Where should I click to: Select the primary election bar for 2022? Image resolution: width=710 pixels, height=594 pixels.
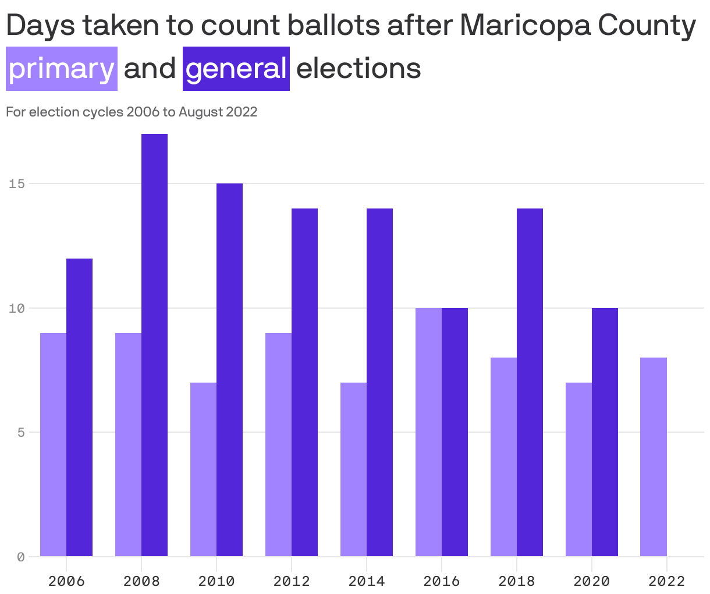[654, 457]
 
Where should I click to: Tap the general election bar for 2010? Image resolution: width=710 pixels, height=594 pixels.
[229, 370]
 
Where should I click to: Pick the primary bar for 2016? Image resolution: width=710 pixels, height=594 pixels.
[428, 432]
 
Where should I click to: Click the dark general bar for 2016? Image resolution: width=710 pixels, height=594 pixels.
[455, 432]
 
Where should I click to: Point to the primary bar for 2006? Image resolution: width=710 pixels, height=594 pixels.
[53, 444]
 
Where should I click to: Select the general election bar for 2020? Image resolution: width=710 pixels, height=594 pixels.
[605, 432]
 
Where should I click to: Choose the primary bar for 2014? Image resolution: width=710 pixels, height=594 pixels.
[353, 469]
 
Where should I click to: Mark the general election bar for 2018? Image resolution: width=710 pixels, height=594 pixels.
[530, 382]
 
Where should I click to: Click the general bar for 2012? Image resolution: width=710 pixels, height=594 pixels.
[304, 382]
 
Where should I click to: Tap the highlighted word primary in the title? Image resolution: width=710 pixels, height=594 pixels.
[62, 69]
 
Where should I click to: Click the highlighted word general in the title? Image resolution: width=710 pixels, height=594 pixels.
[236, 69]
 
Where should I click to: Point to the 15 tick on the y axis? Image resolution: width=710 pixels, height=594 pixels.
[17, 184]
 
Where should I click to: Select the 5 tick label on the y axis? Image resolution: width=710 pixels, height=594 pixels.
[20, 433]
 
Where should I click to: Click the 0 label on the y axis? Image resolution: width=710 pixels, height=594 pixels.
[20, 557]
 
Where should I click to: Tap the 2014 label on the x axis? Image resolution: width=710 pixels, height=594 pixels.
[366, 581]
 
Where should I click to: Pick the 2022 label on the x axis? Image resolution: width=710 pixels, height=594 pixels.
[666, 581]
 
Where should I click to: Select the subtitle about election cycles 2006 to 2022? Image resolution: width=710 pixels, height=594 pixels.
[132, 112]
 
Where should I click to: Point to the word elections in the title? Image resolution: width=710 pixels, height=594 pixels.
[358, 69]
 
